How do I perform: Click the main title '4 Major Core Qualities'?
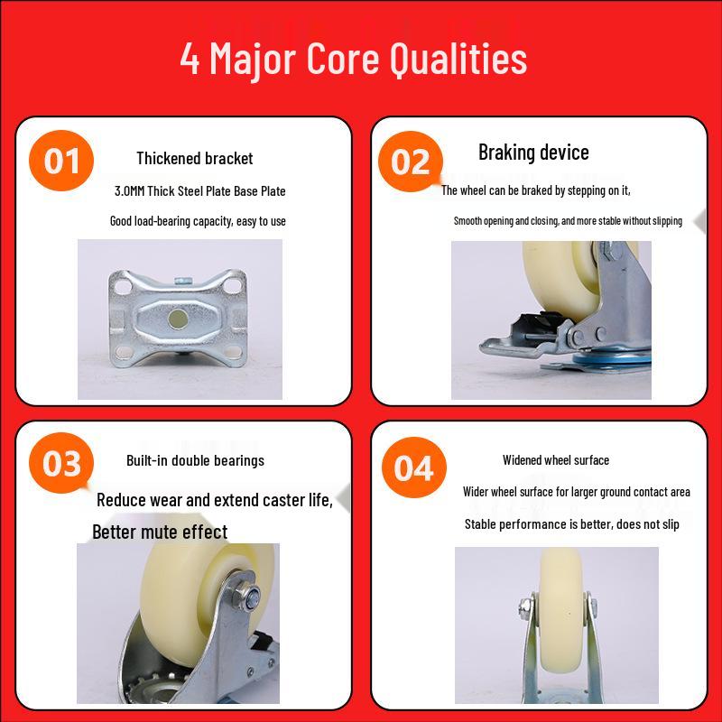[x=354, y=59]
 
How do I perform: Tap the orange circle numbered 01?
[x=61, y=161]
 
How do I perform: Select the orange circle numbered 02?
[x=411, y=162]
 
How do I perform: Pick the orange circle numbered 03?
[x=61, y=463]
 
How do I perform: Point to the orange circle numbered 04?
[x=414, y=467]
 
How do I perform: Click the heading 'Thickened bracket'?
[x=195, y=159]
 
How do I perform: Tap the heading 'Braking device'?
[x=533, y=153]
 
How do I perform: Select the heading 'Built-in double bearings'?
[x=195, y=460]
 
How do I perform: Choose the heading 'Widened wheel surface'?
[x=556, y=460]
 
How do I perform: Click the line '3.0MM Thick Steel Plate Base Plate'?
[x=199, y=191]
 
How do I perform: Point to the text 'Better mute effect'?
[x=160, y=532]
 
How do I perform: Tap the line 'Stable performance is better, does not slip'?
[x=572, y=524]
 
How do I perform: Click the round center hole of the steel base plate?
[x=178, y=319]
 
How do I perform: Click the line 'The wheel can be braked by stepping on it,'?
[x=535, y=190]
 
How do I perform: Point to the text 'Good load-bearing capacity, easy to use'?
[x=198, y=221]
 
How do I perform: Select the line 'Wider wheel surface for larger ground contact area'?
[x=577, y=492]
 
